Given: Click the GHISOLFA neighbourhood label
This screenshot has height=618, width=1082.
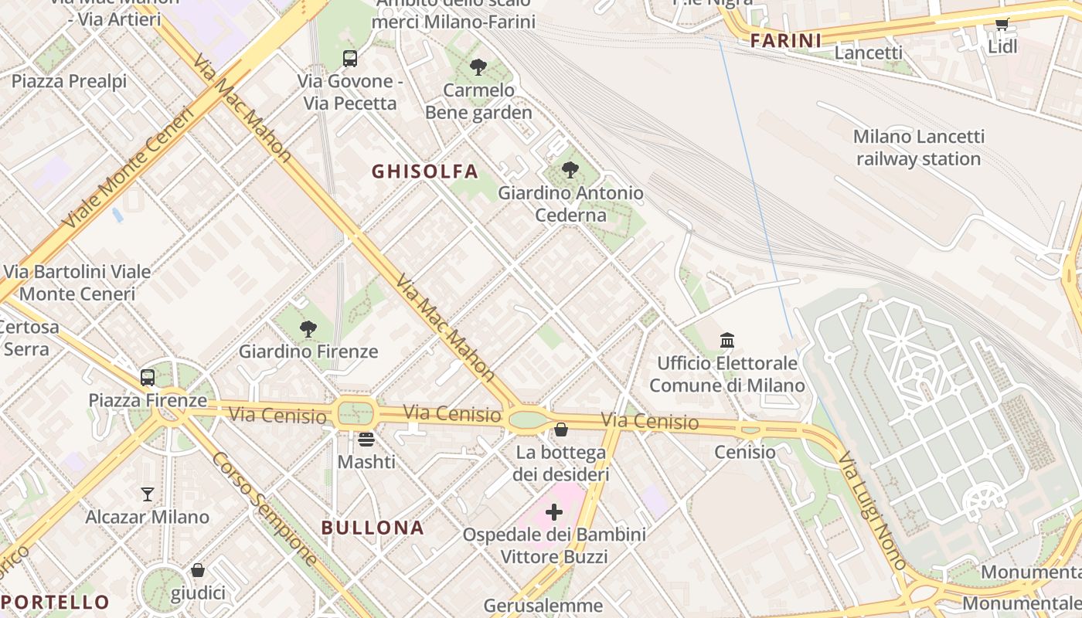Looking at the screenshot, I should click(425, 171).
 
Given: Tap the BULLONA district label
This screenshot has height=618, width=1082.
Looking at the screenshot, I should click(373, 528).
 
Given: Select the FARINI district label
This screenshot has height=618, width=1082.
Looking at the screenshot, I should click(785, 41).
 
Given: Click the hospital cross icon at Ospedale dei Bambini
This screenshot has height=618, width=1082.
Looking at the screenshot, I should click(554, 512).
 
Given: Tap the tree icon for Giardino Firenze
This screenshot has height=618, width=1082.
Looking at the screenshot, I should click(308, 329).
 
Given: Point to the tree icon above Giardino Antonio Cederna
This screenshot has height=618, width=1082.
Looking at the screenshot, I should click(570, 170).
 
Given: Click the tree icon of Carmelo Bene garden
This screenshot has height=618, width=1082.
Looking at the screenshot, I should click(478, 67).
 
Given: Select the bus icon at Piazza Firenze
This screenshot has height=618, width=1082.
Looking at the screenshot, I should click(148, 378).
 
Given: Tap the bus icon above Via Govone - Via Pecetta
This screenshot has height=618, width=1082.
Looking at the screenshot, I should click(350, 58).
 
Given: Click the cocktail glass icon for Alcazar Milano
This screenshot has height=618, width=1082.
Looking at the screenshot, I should click(148, 494).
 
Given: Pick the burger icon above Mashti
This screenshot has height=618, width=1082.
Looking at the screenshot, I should click(366, 440).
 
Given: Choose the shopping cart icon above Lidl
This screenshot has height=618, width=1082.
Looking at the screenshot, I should click(1002, 24).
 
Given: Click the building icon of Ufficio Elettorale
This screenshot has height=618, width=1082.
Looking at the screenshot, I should click(726, 340).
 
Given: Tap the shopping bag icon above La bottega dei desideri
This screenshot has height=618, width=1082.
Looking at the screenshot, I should click(561, 430).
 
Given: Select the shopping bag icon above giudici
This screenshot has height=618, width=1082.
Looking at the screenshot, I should click(198, 571).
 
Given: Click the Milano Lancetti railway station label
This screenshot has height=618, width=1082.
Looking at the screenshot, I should click(918, 148).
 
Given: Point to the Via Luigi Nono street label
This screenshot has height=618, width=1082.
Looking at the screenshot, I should click(873, 511).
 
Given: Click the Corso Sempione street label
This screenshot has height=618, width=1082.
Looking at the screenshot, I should click(264, 508).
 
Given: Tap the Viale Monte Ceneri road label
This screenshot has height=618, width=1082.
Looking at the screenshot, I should click(128, 168).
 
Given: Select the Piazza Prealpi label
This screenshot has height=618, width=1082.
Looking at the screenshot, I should click(69, 81).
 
